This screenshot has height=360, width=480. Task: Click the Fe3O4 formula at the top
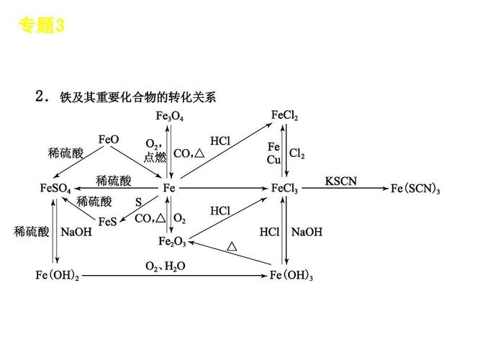point(170,117)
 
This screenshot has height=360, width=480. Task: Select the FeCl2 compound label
point(285,115)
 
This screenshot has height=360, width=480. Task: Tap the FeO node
point(109,139)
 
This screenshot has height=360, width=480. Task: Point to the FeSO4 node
point(55,188)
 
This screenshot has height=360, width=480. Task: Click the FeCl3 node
point(285,188)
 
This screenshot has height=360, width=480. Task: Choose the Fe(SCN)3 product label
point(415,189)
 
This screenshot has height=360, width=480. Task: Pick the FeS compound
point(107,222)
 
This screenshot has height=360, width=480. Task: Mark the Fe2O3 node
point(173,241)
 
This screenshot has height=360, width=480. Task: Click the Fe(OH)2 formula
point(58,276)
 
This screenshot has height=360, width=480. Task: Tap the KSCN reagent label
point(341,180)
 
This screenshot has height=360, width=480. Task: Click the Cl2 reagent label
point(296,154)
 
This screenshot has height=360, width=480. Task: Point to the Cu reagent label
point(273,160)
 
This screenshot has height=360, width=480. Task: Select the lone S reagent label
point(138,202)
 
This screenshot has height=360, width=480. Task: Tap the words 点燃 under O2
point(155,157)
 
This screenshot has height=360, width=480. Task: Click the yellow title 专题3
point(42,27)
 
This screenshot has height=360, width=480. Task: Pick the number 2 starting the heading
point(40,95)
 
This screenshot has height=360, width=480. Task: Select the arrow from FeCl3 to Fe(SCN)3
point(345,189)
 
